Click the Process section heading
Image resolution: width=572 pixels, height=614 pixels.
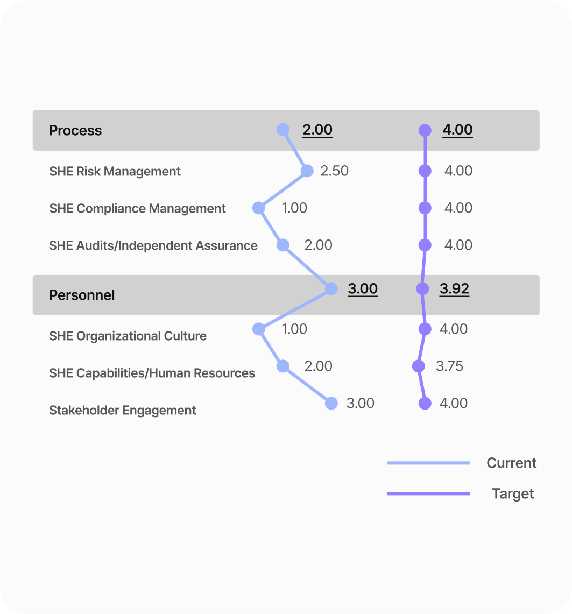(75, 131)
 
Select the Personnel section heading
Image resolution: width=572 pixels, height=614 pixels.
(82, 295)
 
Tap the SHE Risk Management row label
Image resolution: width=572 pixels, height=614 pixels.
(115, 172)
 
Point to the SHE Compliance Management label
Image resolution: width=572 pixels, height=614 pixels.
(137, 209)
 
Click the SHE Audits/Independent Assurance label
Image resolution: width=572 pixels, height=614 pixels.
(153, 246)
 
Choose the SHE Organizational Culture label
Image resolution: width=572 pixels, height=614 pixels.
(128, 336)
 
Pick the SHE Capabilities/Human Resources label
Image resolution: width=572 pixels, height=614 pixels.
(152, 373)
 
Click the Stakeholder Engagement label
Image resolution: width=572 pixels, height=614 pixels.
(123, 411)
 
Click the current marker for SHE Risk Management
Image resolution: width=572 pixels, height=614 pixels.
(307, 171)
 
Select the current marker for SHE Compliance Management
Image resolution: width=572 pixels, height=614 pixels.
(259, 208)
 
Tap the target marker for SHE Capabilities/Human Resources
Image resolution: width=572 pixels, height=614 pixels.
(418, 366)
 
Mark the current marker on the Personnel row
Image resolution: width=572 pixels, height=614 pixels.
(331, 289)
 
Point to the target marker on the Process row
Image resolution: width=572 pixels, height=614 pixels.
(425, 130)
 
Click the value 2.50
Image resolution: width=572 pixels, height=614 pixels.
(335, 171)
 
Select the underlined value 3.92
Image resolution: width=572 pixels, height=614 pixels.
(455, 289)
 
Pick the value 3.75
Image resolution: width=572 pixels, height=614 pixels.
(449, 366)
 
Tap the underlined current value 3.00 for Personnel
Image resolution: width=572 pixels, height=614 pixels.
(363, 289)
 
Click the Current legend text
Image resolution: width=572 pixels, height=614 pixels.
(512, 463)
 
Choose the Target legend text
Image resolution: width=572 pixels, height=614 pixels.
(513, 494)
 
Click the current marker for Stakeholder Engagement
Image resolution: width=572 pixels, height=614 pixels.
(331, 404)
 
